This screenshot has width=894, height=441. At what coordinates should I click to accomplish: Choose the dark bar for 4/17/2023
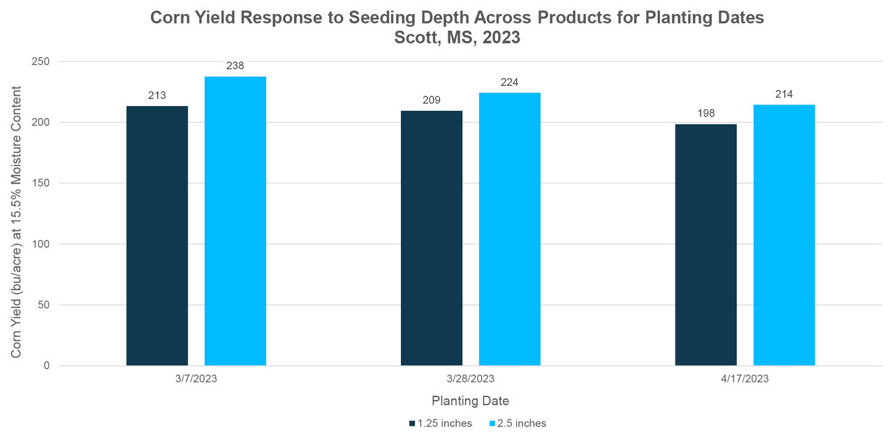coord(706,245)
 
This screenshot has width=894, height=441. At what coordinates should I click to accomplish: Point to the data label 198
coord(706,113)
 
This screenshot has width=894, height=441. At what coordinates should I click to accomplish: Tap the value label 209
coord(432,100)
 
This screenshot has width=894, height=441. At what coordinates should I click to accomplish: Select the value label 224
coord(510,82)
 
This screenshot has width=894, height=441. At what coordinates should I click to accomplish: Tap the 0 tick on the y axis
coord(45,366)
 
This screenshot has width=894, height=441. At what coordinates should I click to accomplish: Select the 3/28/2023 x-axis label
coord(470,379)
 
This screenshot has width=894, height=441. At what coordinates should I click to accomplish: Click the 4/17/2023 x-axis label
coord(745,379)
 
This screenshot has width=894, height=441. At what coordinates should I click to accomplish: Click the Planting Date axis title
coord(470,401)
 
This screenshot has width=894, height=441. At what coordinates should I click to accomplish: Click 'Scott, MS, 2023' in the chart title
coord(457,38)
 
